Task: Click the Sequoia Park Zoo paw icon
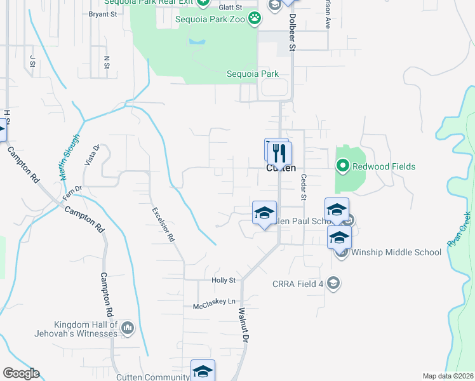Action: (x=255, y=18)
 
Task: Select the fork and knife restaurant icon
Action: (x=280, y=153)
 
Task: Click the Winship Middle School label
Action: (x=396, y=252)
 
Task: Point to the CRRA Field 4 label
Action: (x=302, y=283)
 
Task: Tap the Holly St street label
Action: (x=223, y=280)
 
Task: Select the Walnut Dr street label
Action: (x=242, y=324)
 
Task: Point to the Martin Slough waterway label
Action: (x=72, y=157)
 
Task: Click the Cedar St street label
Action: (x=304, y=187)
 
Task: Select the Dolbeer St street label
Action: (x=293, y=32)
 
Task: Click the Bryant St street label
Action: (x=103, y=13)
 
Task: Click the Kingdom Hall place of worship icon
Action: (x=128, y=327)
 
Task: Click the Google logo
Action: (x=21, y=373)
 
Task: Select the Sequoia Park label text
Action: (x=253, y=74)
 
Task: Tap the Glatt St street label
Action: (x=231, y=7)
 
